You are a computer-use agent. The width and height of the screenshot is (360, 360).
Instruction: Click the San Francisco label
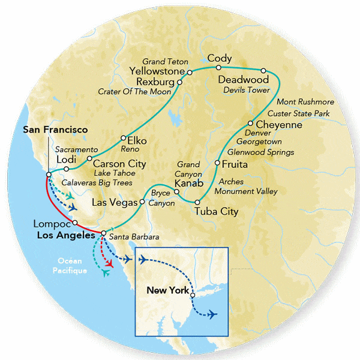click(x=55, y=130)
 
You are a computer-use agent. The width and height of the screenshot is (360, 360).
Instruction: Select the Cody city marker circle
click(x=220, y=68)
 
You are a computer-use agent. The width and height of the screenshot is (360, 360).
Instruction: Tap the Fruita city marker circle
click(x=217, y=163)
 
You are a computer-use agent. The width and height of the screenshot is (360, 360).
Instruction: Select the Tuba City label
click(x=217, y=212)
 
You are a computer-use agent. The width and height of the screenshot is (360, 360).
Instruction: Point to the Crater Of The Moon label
click(x=134, y=91)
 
